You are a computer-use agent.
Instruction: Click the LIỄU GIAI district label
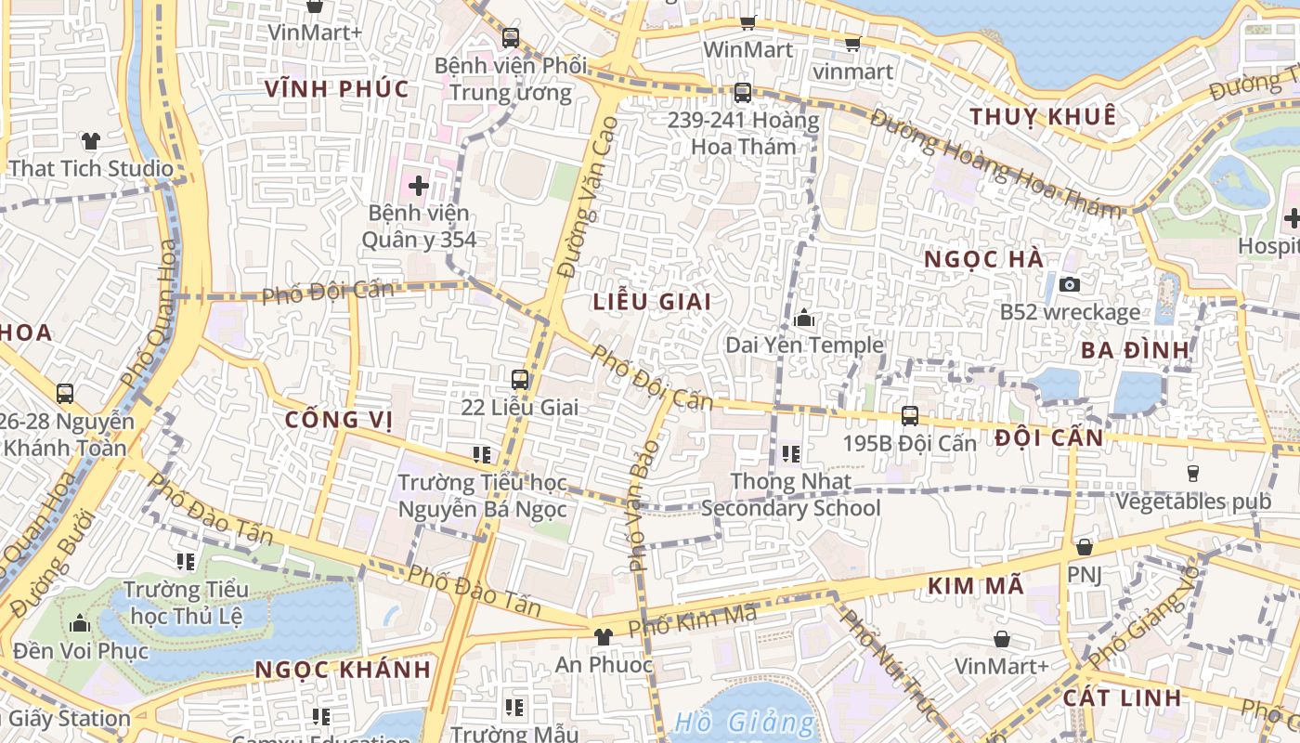pyautogui.click(x=652, y=301)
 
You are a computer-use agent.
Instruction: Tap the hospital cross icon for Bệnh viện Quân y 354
pyautogui.click(x=419, y=185)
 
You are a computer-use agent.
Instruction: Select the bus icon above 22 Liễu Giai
pyautogui.click(x=520, y=379)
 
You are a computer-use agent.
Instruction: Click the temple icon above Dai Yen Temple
pyautogui.click(x=804, y=319)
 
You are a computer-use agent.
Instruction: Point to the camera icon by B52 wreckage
pyautogui.click(x=1070, y=284)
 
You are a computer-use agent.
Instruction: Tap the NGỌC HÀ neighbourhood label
pyautogui.click(x=984, y=260)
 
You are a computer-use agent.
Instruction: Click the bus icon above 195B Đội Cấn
pyautogui.click(x=910, y=415)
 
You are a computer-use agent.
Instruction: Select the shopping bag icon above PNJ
pyautogui.click(x=1084, y=547)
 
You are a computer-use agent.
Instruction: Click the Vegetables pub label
pyautogui.click(x=1193, y=502)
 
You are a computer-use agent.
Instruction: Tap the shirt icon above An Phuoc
pyautogui.click(x=604, y=636)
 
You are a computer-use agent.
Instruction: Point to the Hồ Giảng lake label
pyautogui.click(x=745, y=722)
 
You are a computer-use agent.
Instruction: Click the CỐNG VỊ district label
pyautogui.click(x=338, y=420)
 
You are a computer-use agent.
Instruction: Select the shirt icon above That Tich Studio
pyautogui.click(x=91, y=141)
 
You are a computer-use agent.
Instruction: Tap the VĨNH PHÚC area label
pyautogui.click(x=336, y=89)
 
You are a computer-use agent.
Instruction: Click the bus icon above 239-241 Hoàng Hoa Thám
pyautogui.click(x=742, y=92)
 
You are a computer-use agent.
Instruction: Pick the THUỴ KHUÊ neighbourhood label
pyautogui.click(x=1043, y=116)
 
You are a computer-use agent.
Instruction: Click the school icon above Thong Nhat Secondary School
pyautogui.click(x=791, y=453)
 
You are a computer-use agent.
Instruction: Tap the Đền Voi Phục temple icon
pyautogui.click(x=80, y=623)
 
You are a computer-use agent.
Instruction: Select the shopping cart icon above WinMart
pyautogui.click(x=748, y=22)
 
